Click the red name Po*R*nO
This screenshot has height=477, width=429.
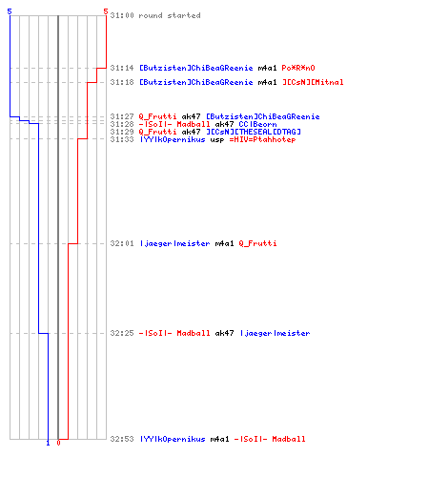coord(298,68)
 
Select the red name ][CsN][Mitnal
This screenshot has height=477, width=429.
coord(313,82)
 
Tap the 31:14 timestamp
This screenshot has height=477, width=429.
coord(122,68)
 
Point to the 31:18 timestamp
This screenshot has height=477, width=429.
coord(122,82)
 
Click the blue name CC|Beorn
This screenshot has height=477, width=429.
coord(257,124)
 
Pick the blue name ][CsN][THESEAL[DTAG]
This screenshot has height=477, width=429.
coord(254,132)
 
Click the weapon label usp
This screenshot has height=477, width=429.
coord(217,140)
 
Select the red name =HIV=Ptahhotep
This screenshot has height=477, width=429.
coord(262,139)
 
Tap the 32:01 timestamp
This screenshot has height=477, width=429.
coord(122,243)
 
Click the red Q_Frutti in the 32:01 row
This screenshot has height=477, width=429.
coord(257,243)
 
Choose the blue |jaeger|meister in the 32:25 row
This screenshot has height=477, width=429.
coord(276,333)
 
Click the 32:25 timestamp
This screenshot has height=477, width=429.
coord(122,333)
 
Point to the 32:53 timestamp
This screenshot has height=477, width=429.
coord(122,439)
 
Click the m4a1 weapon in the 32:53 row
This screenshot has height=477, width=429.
coord(219,439)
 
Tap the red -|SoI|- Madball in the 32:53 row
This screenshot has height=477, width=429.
coord(270,439)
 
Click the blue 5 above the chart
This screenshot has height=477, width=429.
coord(10,11)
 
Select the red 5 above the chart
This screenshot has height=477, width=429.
coord(106,11)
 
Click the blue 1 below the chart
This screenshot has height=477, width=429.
coord(48,443)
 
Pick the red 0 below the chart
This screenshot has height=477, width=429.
coord(58,443)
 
